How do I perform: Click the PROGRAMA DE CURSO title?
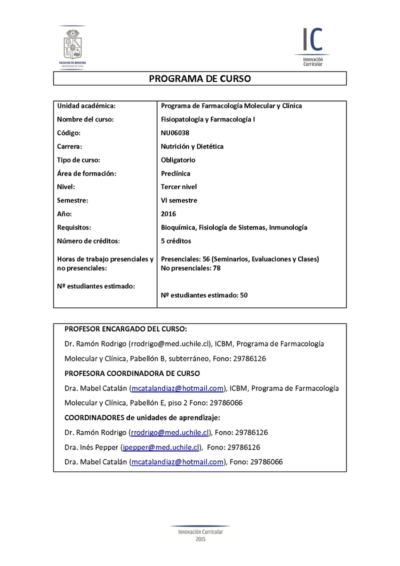[x=199, y=79]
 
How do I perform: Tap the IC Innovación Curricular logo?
[x=312, y=46]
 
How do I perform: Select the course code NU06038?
[x=175, y=133]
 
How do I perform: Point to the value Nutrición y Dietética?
[x=192, y=146]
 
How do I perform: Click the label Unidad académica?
[x=86, y=106]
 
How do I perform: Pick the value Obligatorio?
[x=178, y=160]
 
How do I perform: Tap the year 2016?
[x=168, y=214]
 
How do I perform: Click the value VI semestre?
[x=179, y=200]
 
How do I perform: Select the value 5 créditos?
[x=176, y=241]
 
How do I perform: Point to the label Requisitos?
[x=74, y=227]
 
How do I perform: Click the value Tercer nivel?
[x=179, y=187]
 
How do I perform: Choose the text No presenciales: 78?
[x=191, y=268]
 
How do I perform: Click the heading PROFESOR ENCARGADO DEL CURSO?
[x=126, y=329]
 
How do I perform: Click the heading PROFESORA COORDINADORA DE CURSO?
[x=132, y=373]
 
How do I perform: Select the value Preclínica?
[x=175, y=173]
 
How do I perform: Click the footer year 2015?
[x=200, y=539]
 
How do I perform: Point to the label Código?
[x=69, y=133]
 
